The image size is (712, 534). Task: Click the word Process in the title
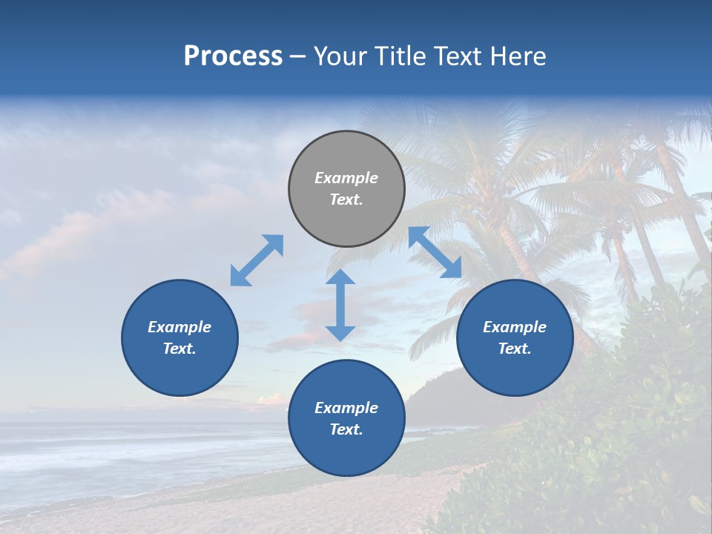click(233, 56)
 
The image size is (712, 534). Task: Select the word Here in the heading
click(518, 56)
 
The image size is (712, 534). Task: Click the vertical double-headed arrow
click(340, 305)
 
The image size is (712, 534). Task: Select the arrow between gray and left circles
click(257, 260)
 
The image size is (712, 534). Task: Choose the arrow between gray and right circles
click(435, 252)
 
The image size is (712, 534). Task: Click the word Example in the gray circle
click(346, 178)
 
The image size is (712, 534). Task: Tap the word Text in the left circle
click(179, 349)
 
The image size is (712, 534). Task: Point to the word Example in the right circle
click(515, 327)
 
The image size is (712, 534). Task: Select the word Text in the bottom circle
click(346, 429)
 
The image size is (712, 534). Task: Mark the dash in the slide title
click(298, 57)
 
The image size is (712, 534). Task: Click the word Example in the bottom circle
click(346, 408)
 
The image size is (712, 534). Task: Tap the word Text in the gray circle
click(346, 200)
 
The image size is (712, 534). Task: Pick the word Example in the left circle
click(179, 327)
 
